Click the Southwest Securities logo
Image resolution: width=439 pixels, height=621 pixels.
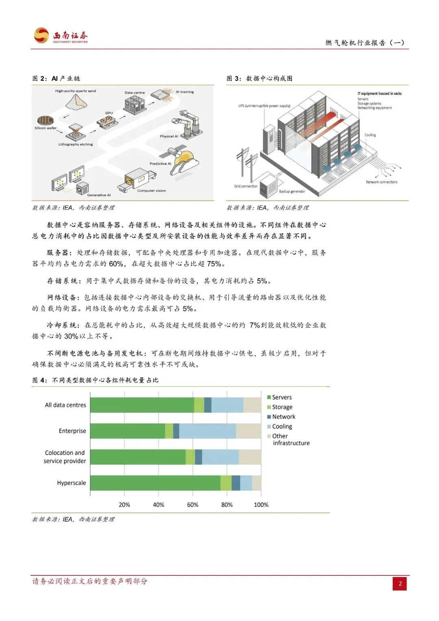(x=61, y=36)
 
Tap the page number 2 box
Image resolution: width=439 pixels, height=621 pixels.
(x=400, y=584)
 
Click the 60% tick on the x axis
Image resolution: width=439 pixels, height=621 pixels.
(x=193, y=505)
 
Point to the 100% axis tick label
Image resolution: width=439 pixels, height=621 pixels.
(x=261, y=505)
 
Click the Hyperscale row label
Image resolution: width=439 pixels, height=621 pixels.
(x=72, y=483)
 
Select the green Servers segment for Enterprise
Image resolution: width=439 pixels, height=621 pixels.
(x=127, y=431)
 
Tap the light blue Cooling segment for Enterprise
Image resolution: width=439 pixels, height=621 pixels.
(x=207, y=431)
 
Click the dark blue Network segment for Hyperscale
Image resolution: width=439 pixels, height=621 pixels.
(x=236, y=483)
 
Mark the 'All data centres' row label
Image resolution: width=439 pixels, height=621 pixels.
(x=65, y=405)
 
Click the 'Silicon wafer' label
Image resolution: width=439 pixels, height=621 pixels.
(x=46, y=128)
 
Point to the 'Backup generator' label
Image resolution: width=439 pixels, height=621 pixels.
(x=292, y=191)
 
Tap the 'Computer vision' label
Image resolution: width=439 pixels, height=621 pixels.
(x=151, y=191)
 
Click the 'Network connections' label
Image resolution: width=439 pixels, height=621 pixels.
(x=381, y=182)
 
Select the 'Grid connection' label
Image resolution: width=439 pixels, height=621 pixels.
(x=246, y=186)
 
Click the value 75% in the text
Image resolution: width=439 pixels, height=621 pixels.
(x=214, y=264)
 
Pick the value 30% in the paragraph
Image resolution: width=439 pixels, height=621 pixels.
(x=71, y=336)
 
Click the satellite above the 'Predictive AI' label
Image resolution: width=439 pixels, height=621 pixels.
(x=170, y=153)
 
